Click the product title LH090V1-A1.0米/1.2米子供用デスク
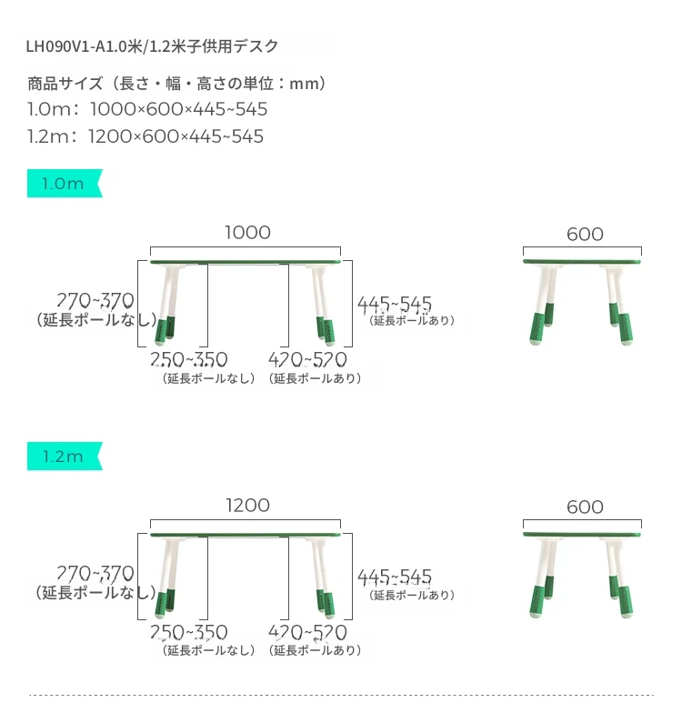pos(152,46)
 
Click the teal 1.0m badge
pos(65,184)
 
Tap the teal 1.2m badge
pos(65,457)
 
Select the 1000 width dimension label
pos(247,233)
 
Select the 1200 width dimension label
pos(247,506)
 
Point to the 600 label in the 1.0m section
pos(586,235)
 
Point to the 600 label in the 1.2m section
pos(586,507)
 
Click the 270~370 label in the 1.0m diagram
pos(95,300)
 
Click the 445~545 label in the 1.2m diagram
pos(395,577)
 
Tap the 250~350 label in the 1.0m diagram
pos(189,360)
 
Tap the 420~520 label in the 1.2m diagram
pos(307,632)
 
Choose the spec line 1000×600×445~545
pos(178,109)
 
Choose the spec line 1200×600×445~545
pos(176,136)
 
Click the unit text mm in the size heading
pos(304,84)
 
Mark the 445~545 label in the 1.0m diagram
pos(395,304)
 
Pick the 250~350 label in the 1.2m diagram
pos(189,632)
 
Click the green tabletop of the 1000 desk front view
pos(246,262)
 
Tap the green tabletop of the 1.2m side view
pos(582,535)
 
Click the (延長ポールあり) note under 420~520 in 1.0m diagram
pos(315,378)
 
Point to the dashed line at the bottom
pos(341,695)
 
